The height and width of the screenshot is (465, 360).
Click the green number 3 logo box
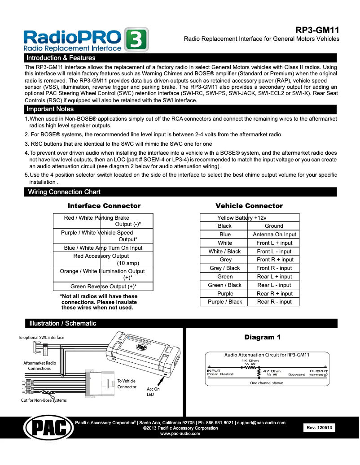click(x=136, y=40)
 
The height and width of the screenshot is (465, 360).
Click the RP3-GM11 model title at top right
click(x=317, y=30)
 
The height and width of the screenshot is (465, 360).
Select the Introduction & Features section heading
click(x=61, y=58)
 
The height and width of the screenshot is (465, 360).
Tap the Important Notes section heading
click(x=50, y=109)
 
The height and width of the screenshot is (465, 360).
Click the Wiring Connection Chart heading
click(x=64, y=192)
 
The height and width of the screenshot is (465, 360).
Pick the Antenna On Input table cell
click(x=274, y=235)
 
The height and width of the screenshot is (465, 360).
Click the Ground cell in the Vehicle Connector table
click(x=274, y=226)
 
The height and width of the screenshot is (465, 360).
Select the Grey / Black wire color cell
click(x=224, y=268)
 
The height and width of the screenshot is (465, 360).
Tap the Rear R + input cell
click(x=274, y=294)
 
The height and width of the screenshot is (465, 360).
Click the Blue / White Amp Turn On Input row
click(x=103, y=248)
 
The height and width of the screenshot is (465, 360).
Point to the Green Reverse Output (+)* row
click(x=103, y=286)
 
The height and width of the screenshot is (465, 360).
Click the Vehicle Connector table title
click(x=249, y=206)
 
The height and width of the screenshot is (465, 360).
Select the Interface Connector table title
click(x=104, y=206)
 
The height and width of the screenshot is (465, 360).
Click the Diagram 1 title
click(x=263, y=337)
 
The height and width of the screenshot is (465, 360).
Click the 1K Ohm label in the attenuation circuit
click(x=250, y=361)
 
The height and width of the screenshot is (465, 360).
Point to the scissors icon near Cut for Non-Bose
click(x=52, y=395)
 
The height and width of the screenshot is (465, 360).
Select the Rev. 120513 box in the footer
click(x=319, y=428)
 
